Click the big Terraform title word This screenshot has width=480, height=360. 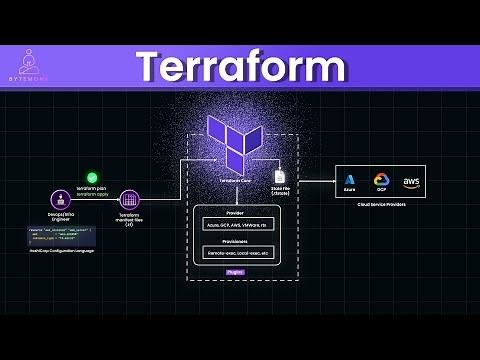click(241, 66)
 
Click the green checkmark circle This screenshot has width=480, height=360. click(92, 176)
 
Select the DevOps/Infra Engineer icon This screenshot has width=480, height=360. click(60, 199)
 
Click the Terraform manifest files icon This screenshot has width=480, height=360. click(128, 199)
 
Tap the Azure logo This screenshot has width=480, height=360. click(350, 181)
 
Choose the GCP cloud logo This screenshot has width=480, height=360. click(381, 181)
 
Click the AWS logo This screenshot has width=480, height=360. click(411, 181)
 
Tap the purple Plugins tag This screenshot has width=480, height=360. click(235, 272)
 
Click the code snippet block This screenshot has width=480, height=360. click(61, 237)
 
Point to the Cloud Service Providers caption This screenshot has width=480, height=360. click(380, 204)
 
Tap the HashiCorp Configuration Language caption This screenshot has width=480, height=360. click(61, 255)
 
